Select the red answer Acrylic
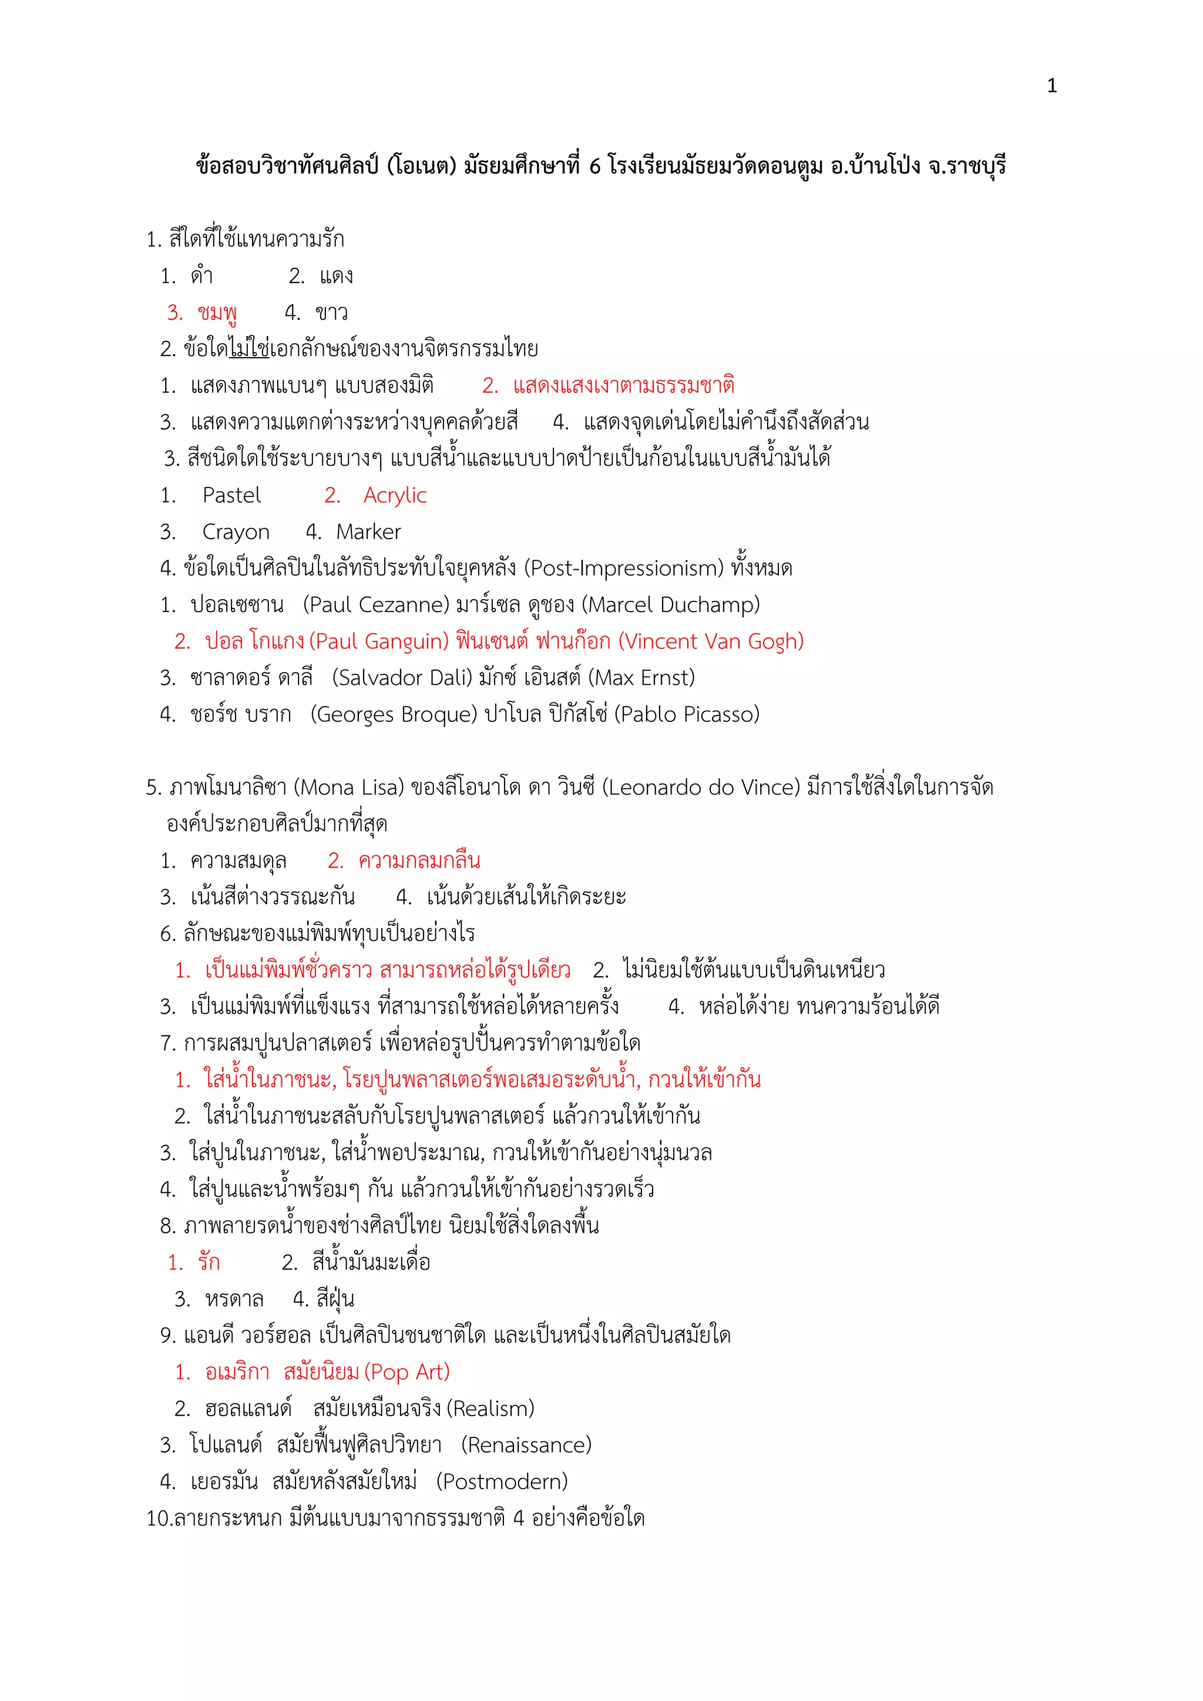395,495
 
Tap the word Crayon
236,532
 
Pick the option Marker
368,532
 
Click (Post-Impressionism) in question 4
624,568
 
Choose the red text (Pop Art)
408,1372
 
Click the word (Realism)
490,1408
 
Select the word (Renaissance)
526,1445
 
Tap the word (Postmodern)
502,1482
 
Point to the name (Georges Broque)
394,714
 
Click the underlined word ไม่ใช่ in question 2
249,349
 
